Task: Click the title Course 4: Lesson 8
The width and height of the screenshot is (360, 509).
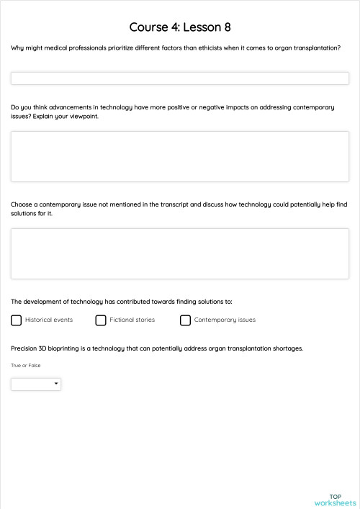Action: pos(180,27)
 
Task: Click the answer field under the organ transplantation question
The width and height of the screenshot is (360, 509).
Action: pos(180,78)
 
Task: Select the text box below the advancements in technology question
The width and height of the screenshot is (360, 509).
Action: pos(180,156)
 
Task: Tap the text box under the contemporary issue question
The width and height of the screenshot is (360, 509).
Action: pos(180,253)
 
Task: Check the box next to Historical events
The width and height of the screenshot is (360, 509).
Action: pos(17,320)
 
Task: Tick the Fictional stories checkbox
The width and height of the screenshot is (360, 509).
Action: pos(101,320)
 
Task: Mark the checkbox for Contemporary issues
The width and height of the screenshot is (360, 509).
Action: pos(186,320)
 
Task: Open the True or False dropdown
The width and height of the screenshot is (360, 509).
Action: pos(36,384)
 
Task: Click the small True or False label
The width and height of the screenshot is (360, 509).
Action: pos(26,366)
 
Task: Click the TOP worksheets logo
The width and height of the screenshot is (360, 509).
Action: pos(335,500)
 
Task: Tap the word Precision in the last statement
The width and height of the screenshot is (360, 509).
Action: pos(24,348)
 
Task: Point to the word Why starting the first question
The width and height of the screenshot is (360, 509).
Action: pos(17,48)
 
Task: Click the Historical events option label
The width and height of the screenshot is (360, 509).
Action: pos(49,320)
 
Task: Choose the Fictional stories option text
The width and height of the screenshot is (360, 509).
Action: pos(132,320)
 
